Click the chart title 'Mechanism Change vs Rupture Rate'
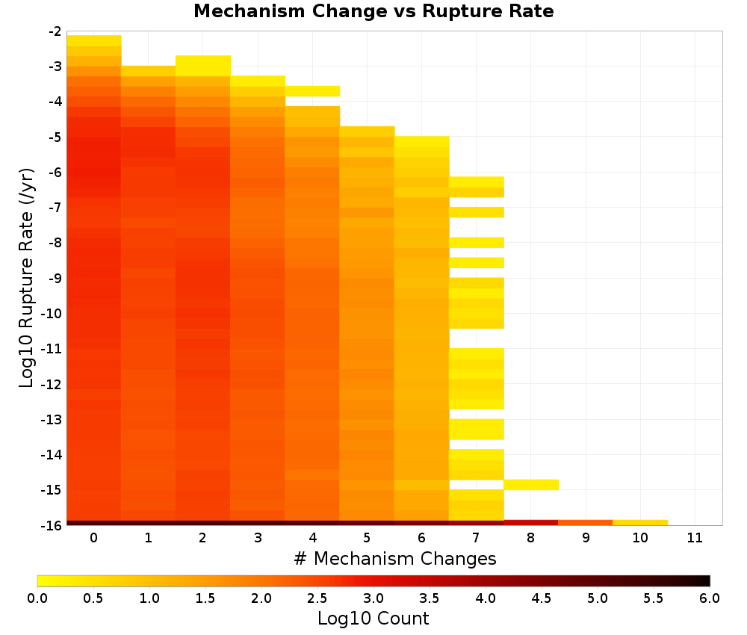(373, 11)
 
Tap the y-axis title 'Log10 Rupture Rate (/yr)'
(27, 278)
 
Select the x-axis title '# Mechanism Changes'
(395, 558)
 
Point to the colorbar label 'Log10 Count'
(373, 619)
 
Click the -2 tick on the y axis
(55, 31)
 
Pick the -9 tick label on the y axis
(55, 278)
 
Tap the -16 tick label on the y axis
(52, 525)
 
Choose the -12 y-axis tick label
(52, 385)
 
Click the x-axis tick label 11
(695, 538)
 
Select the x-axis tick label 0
(94, 538)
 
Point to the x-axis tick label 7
(476, 538)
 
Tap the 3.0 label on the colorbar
(373, 598)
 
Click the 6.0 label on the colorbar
(710, 598)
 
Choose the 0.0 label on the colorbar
(37, 598)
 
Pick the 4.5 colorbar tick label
(542, 598)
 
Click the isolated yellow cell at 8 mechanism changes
(531, 484)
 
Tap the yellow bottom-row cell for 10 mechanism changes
(640, 523)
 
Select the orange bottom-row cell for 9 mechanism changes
(586, 523)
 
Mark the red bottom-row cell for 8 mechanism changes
(531, 523)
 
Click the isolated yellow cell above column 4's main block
(312, 91)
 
